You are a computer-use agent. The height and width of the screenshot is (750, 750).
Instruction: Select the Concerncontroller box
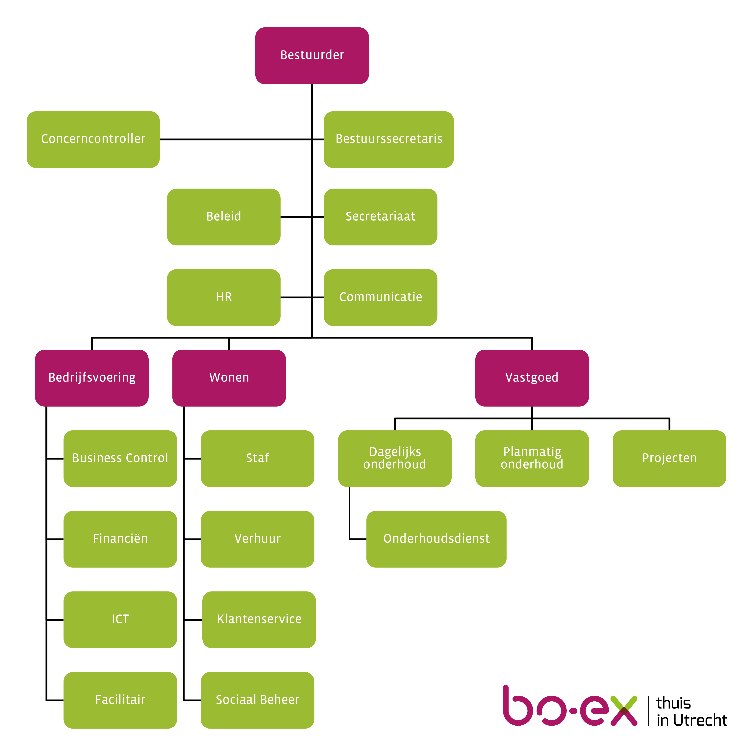93,139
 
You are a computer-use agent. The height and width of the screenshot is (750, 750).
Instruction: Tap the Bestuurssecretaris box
388,139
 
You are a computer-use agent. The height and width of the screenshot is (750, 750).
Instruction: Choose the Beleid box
224,217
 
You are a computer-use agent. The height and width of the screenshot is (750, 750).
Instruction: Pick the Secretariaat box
380,217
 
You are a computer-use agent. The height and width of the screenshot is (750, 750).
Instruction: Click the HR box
224,297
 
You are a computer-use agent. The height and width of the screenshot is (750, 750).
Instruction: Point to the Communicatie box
380,297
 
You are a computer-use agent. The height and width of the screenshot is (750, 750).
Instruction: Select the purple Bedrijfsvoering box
92,378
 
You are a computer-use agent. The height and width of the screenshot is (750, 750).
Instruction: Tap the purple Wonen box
229,378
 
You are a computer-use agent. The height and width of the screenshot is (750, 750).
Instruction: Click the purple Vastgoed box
532,378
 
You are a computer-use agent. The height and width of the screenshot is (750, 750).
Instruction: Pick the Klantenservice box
259,620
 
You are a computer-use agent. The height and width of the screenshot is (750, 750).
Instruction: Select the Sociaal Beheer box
257,700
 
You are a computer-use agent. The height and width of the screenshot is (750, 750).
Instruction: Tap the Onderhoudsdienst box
436,539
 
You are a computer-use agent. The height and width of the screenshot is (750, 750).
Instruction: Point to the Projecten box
669,459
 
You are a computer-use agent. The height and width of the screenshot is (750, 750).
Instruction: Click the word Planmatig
532,452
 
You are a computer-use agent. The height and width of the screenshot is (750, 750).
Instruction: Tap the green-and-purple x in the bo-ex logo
623,711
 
